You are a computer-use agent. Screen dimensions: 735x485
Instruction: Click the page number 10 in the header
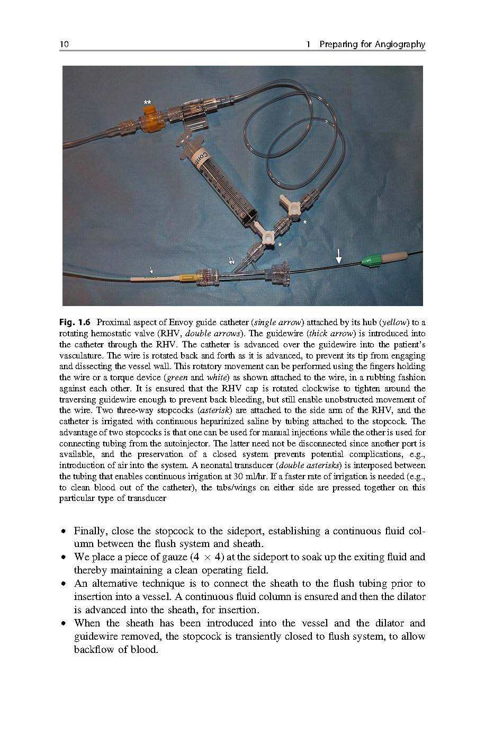pyautogui.click(x=64, y=44)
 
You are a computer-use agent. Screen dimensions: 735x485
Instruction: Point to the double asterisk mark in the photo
pyautogui.click(x=148, y=102)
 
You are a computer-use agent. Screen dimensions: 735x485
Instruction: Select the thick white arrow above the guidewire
pyautogui.click(x=339, y=257)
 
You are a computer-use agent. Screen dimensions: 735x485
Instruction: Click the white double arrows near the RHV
pyautogui.click(x=232, y=261)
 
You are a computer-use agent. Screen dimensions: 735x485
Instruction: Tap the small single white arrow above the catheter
pyautogui.click(x=151, y=270)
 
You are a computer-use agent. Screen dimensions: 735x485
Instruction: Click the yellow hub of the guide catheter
pyautogui.click(x=188, y=277)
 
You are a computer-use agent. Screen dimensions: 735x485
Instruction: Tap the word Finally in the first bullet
pyautogui.click(x=91, y=531)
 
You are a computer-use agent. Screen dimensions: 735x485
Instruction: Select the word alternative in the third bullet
pyautogui.click(x=116, y=584)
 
